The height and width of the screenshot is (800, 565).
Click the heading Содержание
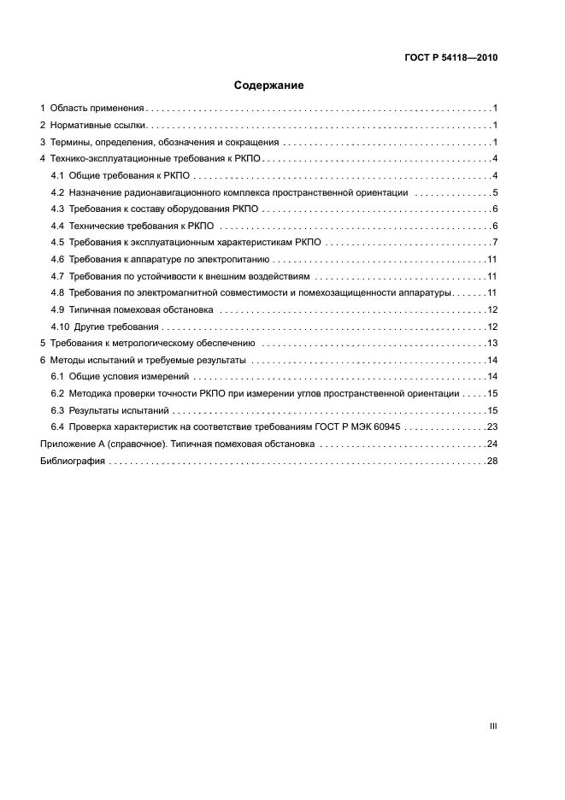(x=269, y=85)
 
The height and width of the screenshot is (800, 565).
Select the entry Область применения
(x=97, y=109)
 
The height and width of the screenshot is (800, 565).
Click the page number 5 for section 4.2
(x=495, y=192)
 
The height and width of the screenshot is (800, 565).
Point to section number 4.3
(x=58, y=209)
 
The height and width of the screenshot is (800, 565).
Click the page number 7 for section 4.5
(x=495, y=243)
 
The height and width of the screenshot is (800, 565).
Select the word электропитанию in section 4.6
(x=238, y=259)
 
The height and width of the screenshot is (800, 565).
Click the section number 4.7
(x=58, y=276)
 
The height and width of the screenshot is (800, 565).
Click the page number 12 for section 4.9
(x=492, y=309)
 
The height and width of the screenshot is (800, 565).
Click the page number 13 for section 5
(x=492, y=343)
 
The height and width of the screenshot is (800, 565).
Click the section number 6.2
(x=58, y=393)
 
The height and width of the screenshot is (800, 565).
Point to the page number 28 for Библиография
(x=492, y=461)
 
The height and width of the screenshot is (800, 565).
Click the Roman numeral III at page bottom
(x=493, y=726)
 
